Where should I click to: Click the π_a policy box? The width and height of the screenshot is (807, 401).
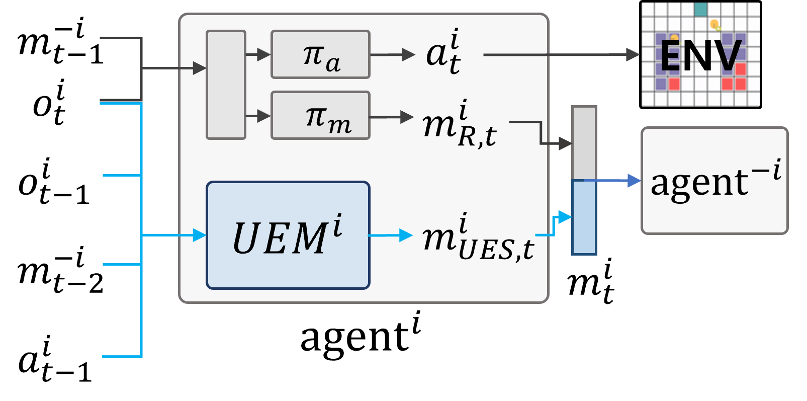click(x=320, y=54)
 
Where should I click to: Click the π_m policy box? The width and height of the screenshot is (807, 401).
click(x=320, y=115)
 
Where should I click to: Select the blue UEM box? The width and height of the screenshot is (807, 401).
click(x=288, y=235)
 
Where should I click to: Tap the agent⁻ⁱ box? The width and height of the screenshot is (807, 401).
click(x=714, y=181)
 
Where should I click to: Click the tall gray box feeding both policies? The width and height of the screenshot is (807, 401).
click(x=226, y=85)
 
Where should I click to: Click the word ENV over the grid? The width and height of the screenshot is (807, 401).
click(x=700, y=55)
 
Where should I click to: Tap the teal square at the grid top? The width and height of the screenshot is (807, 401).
click(x=700, y=9)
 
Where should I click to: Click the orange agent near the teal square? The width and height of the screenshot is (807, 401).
click(x=714, y=24)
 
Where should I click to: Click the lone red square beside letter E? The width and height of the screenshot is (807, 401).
click(x=674, y=84)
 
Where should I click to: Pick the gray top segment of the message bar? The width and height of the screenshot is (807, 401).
click(x=584, y=143)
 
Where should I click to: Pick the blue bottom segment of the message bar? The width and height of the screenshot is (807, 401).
click(x=584, y=217)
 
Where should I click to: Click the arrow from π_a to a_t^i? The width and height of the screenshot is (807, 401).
click(x=392, y=54)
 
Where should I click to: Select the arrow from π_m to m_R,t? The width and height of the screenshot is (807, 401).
click(x=391, y=117)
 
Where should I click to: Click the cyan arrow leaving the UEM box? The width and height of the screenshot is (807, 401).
click(x=390, y=235)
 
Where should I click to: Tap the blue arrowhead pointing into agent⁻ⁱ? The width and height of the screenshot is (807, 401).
click(x=634, y=181)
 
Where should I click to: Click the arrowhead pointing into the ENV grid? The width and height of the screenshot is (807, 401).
click(x=633, y=54)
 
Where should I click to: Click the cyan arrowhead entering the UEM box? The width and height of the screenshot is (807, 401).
click(x=200, y=235)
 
